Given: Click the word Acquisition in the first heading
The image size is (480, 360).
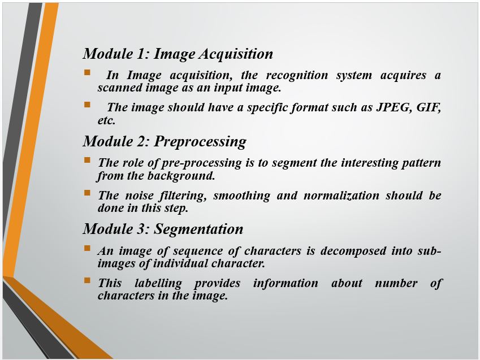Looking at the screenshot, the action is click(x=236, y=54).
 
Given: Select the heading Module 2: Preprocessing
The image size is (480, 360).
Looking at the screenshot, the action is click(x=165, y=142).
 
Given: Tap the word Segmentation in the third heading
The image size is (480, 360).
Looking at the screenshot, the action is click(x=198, y=229).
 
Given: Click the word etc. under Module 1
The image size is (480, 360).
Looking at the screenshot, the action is click(x=106, y=120).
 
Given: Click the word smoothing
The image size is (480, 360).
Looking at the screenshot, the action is click(x=242, y=196).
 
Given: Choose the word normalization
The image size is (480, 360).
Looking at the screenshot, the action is click(x=341, y=196).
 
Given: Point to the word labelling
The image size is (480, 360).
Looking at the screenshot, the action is click(x=158, y=284).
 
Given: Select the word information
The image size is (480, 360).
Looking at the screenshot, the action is click(x=286, y=283).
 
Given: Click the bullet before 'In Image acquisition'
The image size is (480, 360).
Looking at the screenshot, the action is click(x=87, y=72).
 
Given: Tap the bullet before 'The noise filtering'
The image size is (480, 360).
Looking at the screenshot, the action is click(x=87, y=193).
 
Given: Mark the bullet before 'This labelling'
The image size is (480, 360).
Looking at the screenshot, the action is click(x=87, y=280).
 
